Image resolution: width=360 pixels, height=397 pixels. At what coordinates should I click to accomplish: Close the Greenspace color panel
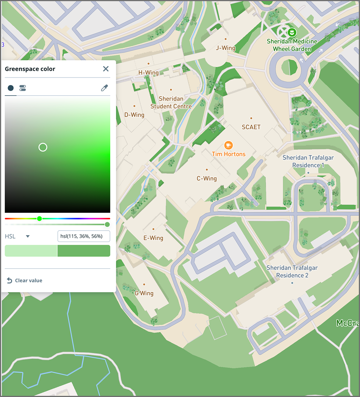click(106, 69)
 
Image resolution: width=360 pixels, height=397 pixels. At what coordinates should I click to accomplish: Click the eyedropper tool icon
click(104, 88)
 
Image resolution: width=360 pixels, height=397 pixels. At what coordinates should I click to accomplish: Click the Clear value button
click(25, 281)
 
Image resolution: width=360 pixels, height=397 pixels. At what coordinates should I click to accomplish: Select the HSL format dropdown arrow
click(28, 237)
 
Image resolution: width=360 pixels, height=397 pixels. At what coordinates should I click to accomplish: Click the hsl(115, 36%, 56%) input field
click(83, 237)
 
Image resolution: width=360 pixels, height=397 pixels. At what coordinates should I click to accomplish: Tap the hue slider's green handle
click(39, 219)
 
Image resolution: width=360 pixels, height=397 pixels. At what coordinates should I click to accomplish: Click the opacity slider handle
click(107, 225)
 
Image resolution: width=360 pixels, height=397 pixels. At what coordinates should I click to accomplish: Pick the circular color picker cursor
click(43, 147)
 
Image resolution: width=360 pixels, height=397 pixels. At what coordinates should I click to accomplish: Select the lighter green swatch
click(31, 251)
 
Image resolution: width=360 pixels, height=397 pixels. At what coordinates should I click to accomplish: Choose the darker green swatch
click(84, 251)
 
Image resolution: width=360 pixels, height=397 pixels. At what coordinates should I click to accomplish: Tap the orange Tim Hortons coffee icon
click(228, 145)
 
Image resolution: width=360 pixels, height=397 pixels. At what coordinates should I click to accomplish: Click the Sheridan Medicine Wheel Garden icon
click(291, 33)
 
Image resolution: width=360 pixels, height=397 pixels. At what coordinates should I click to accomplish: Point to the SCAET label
click(251, 127)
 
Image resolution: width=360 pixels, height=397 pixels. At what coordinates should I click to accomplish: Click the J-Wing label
click(226, 48)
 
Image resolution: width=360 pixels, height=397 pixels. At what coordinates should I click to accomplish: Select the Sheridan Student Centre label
click(171, 102)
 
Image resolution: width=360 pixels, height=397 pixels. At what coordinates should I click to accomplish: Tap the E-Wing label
click(153, 238)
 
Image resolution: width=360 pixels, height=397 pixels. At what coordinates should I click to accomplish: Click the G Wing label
click(144, 293)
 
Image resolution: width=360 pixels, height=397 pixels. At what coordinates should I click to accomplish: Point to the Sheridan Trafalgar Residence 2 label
click(292, 271)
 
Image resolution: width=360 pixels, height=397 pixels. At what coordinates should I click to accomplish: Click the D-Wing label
click(134, 115)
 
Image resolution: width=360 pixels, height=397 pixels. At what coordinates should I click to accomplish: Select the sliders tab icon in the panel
click(23, 88)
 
